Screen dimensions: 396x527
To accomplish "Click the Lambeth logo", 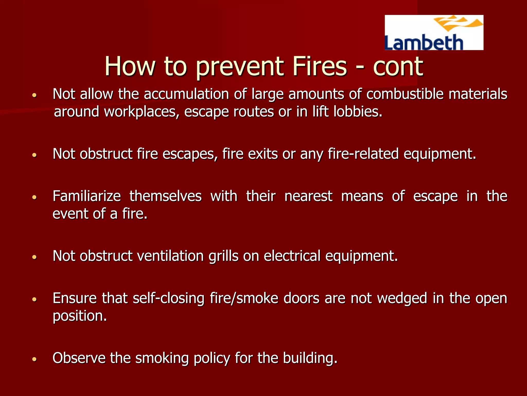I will coord(434,32).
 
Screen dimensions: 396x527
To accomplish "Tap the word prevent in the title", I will coord(239,67).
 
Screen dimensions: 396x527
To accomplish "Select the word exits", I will coord(263,154).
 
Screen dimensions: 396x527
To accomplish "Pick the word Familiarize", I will coord(87,196).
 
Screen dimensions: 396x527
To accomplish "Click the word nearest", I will coord(308,196).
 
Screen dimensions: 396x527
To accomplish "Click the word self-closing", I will coord(169,298).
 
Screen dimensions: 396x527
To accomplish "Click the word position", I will coord(80,316).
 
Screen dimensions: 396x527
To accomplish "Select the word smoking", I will coord(162,358).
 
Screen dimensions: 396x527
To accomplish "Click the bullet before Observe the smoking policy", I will coord(35,359).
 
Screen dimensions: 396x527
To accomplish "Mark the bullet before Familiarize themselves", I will coord(35,197).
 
